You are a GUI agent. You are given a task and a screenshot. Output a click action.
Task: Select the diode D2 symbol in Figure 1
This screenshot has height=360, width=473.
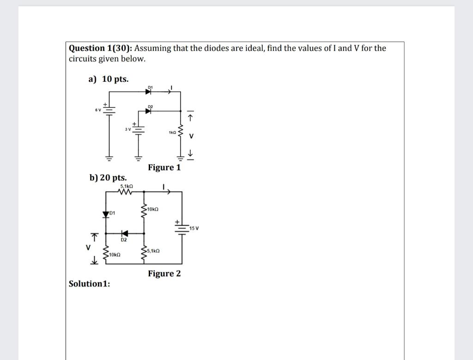(149, 111)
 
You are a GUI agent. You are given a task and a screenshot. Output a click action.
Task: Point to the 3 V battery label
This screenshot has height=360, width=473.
(128, 128)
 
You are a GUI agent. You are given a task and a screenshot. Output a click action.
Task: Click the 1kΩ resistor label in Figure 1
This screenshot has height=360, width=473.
(171, 133)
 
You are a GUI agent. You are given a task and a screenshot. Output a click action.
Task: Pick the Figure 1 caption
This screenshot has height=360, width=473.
(164, 167)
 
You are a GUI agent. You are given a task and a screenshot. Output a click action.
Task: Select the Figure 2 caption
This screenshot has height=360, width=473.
(164, 274)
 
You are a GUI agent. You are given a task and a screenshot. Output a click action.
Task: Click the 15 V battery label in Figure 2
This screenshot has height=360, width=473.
(194, 228)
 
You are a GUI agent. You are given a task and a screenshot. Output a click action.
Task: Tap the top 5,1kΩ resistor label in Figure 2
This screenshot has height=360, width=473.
(127, 186)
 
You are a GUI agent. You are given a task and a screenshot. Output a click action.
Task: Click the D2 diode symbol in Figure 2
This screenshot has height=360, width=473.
(123, 233)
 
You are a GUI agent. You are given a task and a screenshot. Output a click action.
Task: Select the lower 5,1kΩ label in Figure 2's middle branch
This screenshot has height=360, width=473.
(153, 250)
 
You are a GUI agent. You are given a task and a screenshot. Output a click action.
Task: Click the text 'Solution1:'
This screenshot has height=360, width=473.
(89, 284)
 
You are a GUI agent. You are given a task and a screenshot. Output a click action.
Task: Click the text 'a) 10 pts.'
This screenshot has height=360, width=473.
(109, 79)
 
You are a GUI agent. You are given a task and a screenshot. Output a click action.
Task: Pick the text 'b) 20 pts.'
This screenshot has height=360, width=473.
(108, 178)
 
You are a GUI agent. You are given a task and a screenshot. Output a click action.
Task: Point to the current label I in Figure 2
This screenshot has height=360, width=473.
(164, 187)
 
